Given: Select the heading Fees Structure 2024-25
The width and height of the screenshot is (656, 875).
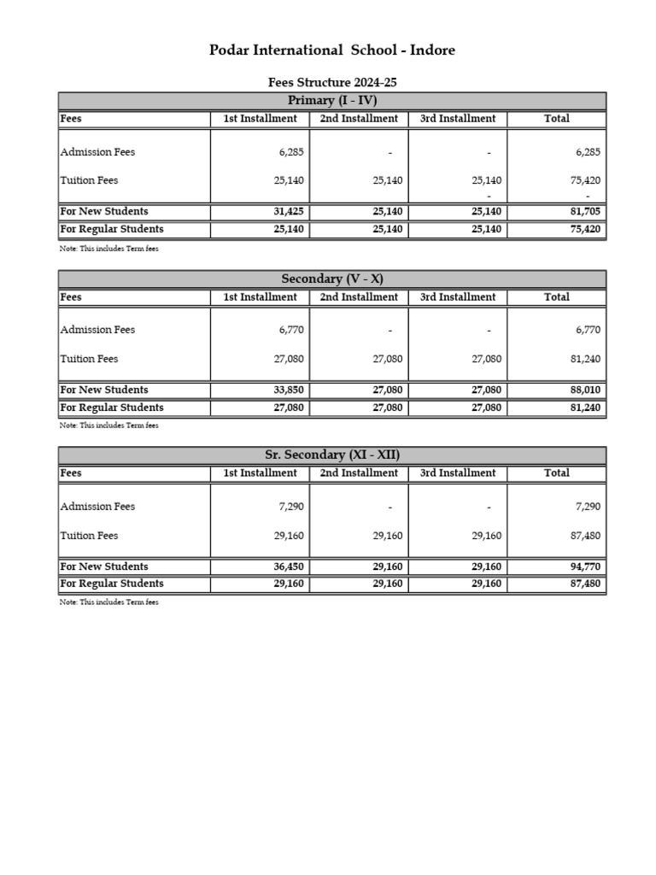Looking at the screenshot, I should point(332,83).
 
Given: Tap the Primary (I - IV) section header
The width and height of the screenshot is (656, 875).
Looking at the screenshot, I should point(332,101).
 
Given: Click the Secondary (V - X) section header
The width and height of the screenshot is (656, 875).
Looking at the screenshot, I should point(332,279).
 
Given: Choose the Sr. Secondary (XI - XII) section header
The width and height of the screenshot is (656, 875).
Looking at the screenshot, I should point(332,455).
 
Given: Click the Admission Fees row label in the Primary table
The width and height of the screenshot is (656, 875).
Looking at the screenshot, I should point(97,152).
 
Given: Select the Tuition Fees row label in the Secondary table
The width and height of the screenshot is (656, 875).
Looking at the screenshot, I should point(89,359).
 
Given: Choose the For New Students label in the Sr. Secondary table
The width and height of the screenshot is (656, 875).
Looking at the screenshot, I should point(103,567).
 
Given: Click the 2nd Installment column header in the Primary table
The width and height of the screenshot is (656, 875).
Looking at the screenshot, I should point(359,119).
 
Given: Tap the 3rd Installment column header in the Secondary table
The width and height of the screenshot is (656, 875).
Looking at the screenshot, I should point(458,297).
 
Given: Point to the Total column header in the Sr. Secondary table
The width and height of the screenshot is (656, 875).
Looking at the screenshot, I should point(556,473).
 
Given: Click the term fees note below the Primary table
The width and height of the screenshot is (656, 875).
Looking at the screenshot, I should point(108,249).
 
